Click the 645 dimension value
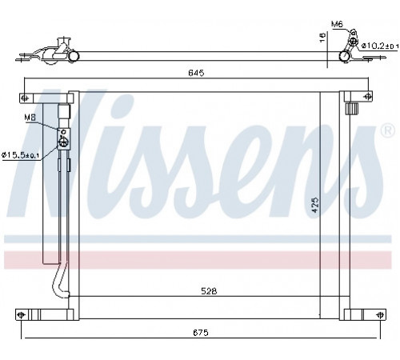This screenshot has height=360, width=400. tap(196, 73)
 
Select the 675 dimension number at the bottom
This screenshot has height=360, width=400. tap(201, 333)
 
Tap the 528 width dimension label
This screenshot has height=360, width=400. tap(209, 291)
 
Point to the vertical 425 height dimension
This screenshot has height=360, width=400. tap(315, 205)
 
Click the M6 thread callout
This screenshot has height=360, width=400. tap(337, 24)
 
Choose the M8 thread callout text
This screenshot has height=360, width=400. tap(30, 118)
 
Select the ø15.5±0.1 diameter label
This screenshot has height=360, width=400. tap(22, 155)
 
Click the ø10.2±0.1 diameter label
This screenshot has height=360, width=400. tap(380, 46)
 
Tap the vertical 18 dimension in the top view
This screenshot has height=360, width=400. tap(322, 37)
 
